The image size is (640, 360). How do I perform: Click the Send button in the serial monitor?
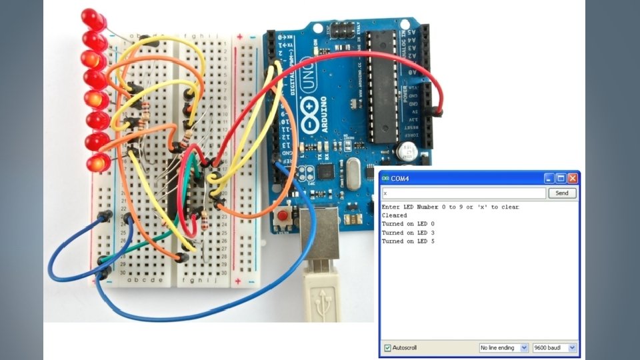pyautogui.click(x=562, y=193)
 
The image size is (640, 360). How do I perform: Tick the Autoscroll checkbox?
pyautogui.click(x=388, y=348)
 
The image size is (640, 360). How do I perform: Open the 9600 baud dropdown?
pyautogui.click(x=554, y=348)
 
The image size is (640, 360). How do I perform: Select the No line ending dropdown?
pyautogui.click(x=504, y=348)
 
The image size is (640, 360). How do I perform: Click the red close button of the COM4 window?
pyautogui.click(x=572, y=179)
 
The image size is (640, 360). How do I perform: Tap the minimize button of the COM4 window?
pyautogui.click(x=549, y=179)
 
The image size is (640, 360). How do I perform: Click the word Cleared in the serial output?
pyautogui.click(x=394, y=215)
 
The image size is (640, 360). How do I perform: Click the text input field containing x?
pyautogui.click(x=464, y=193)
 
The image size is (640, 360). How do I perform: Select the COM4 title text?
pyautogui.click(x=400, y=179)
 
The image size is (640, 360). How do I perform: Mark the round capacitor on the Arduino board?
pyautogui.click(x=405, y=151)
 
